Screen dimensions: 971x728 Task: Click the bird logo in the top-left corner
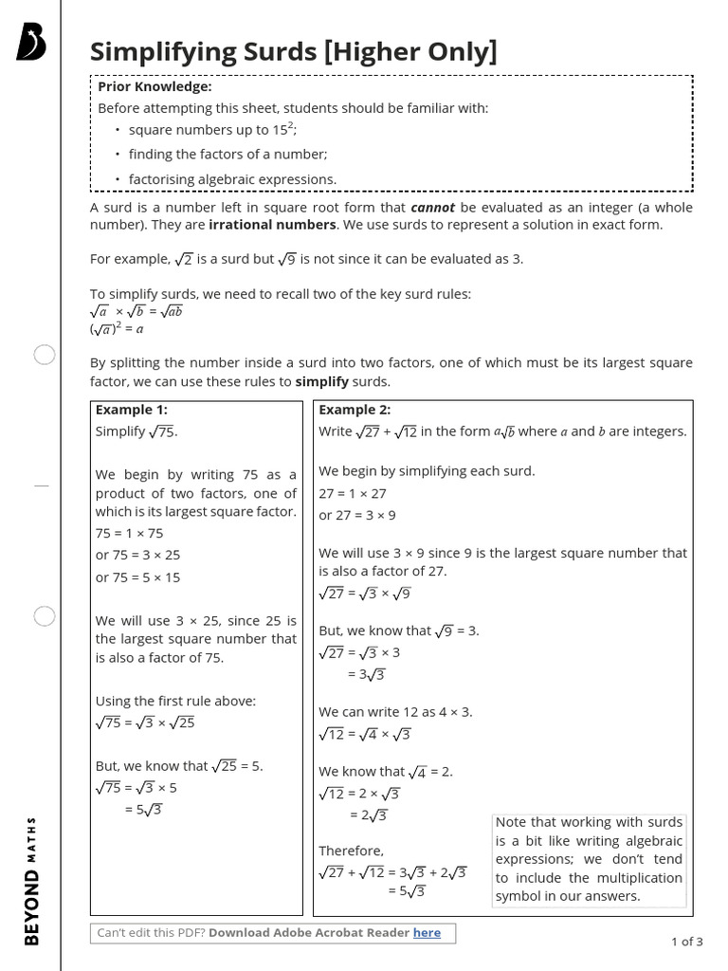click(x=31, y=44)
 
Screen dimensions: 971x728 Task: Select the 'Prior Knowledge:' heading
click(x=155, y=86)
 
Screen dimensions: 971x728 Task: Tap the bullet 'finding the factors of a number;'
click(x=227, y=154)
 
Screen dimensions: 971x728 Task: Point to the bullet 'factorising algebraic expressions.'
click(x=232, y=179)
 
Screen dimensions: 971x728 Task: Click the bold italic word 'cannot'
click(x=432, y=207)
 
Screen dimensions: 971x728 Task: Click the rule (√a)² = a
click(x=117, y=329)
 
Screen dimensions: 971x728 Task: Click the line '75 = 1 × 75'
click(x=129, y=533)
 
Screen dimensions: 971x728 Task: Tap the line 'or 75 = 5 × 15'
click(x=137, y=577)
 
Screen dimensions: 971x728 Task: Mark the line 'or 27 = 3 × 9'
click(x=357, y=515)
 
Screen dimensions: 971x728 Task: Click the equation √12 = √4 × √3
click(x=366, y=734)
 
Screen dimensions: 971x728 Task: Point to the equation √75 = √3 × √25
click(x=145, y=722)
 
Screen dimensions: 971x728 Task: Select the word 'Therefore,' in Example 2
click(x=351, y=851)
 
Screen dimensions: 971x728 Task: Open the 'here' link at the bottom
click(x=427, y=932)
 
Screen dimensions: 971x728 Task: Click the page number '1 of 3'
click(x=686, y=942)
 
